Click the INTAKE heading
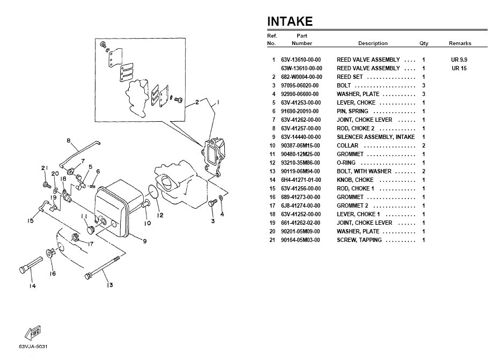(x=290, y=21)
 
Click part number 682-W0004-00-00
(x=301, y=77)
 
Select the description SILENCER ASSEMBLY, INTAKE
(x=376, y=137)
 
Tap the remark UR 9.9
(x=460, y=60)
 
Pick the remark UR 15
(x=459, y=69)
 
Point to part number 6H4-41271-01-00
(x=301, y=180)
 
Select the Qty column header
(x=424, y=43)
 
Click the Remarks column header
(x=460, y=43)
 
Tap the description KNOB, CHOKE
(x=355, y=180)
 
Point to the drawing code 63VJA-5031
(x=32, y=347)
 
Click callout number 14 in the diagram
(x=33, y=286)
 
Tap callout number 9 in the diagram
(x=144, y=241)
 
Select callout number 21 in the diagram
(x=44, y=168)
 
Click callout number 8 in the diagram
(x=69, y=141)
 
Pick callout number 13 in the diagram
(x=109, y=285)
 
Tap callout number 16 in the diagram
(x=53, y=274)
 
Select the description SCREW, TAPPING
(x=359, y=240)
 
